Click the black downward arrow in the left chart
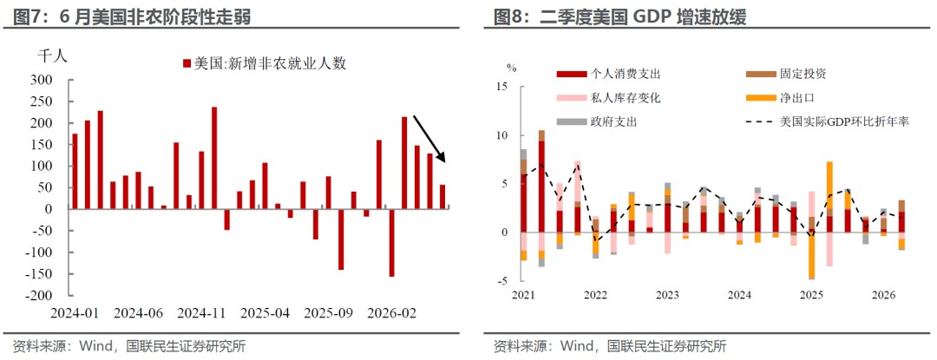point(429,139)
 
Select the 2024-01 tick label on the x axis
point(75,313)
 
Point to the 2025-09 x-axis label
point(328,313)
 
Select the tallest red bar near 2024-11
point(214,158)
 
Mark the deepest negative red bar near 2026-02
point(391,242)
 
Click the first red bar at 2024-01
point(75,172)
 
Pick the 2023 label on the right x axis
point(667,295)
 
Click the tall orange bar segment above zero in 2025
point(829,185)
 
